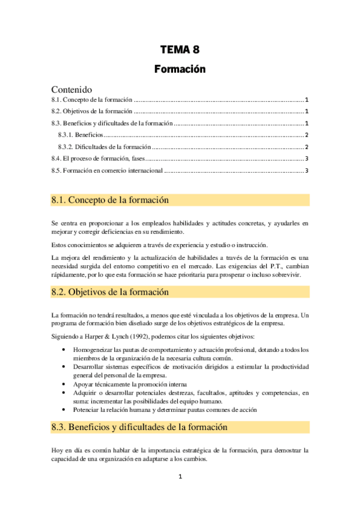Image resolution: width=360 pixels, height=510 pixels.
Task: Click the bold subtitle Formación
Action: pyautogui.click(x=180, y=69)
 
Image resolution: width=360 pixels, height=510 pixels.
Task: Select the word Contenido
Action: pyautogui.click(x=77, y=89)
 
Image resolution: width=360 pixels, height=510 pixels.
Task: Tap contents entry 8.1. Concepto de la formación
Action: pyautogui.click(x=92, y=100)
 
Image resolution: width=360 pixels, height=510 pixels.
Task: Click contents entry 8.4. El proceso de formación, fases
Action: pyautogui.click(x=99, y=158)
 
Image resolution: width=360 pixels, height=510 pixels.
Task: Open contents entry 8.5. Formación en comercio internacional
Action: pyautogui.click(x=107, y=170)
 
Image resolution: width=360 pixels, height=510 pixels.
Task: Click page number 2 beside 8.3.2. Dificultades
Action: pyautogui.click(x=307, y=147)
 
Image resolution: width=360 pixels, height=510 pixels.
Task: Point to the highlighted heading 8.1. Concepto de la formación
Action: pyautogui.click(x=110, y=200)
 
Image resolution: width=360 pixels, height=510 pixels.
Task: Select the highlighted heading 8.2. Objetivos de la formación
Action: pyautogui.click(x=111, y=292)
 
